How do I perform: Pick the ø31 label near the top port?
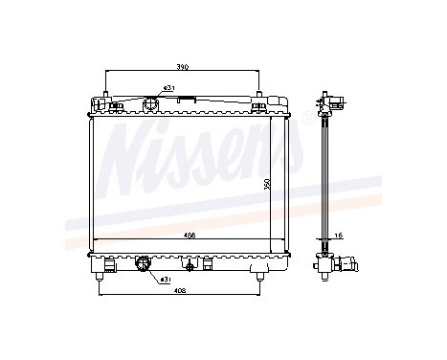click(x=168, y=88)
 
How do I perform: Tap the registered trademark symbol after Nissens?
click(x=307, y=118)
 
